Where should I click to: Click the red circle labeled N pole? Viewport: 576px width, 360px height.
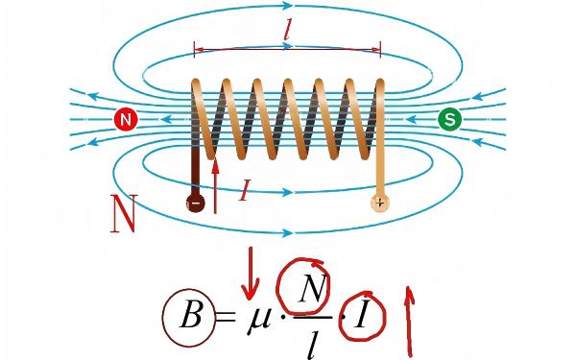pyautogui.click(x=126, y=120)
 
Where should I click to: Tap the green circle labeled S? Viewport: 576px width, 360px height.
pyautogui.click(x=450, y=119)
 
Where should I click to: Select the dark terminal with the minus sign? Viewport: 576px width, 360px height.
pyautogui.click(x=196, y=203)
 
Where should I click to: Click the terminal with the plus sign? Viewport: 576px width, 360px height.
pyautogui.click(x=380, y=203)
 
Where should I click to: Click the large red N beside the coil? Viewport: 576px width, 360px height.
pyautogui.click(x=124, y=213)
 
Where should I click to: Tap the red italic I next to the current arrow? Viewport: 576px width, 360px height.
pyautogui.click(x=244, y=190)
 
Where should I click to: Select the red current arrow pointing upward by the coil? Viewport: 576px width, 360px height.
pyautogui.click(x=216, y=185)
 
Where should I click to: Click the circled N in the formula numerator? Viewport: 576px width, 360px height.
pyautogui.click(x=312, y=288)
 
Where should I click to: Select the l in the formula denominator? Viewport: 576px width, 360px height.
pyautogui.click(x=312, y=346)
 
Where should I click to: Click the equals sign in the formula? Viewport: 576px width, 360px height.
pyautogui.click(x=226, y=317)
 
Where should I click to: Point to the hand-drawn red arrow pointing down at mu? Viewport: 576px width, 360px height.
pyautogui.click(x=251, y=273)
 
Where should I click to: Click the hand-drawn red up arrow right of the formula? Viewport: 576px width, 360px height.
pyautogui.click(x=410, y=322)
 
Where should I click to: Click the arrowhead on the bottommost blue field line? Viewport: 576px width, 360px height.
pyautogui.click(x=288, y=232)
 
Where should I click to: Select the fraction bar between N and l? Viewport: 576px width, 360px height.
pyautogui.click(x=313, y=317)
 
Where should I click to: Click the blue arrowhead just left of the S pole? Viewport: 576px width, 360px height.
pyautogui.click(x=412, y=119)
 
